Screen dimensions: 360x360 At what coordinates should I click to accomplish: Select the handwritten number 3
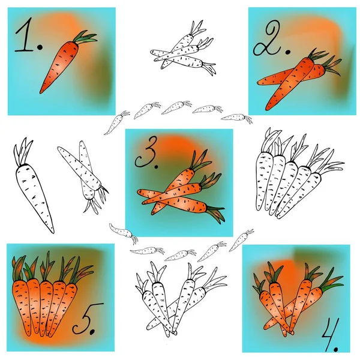click(x=145, y=152)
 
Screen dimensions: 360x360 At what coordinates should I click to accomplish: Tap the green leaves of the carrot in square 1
click(x=85, y=37)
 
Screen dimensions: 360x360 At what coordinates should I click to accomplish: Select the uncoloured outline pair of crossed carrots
click(x=85, y=177)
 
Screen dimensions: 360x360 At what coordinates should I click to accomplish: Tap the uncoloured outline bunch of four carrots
click(x=179, y=298)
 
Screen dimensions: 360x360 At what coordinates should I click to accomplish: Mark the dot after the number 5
click(x=92, y=331)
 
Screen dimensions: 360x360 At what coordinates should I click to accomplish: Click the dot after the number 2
click(x=287, y=52)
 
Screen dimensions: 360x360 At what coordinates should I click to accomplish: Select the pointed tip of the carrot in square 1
click(x=41, y=92)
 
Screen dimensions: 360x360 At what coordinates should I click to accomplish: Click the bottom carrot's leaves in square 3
click(x=216, y=214)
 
